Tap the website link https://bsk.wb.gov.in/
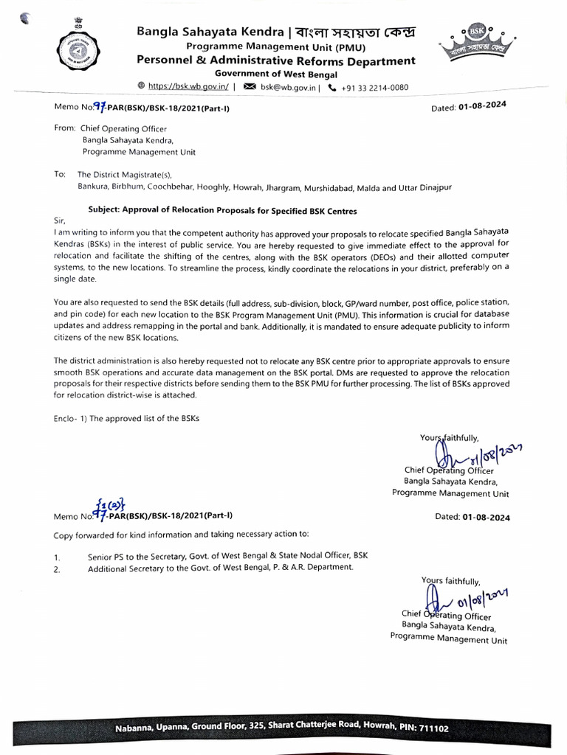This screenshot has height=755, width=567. (188, 86)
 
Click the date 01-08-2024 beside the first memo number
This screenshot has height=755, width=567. (482, 107)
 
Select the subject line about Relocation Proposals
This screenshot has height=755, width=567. (222, 210)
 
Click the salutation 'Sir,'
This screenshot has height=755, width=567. (61, 220)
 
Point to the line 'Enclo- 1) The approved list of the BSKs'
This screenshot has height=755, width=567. (126, 418)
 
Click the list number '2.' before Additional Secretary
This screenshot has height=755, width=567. (57, 569)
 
